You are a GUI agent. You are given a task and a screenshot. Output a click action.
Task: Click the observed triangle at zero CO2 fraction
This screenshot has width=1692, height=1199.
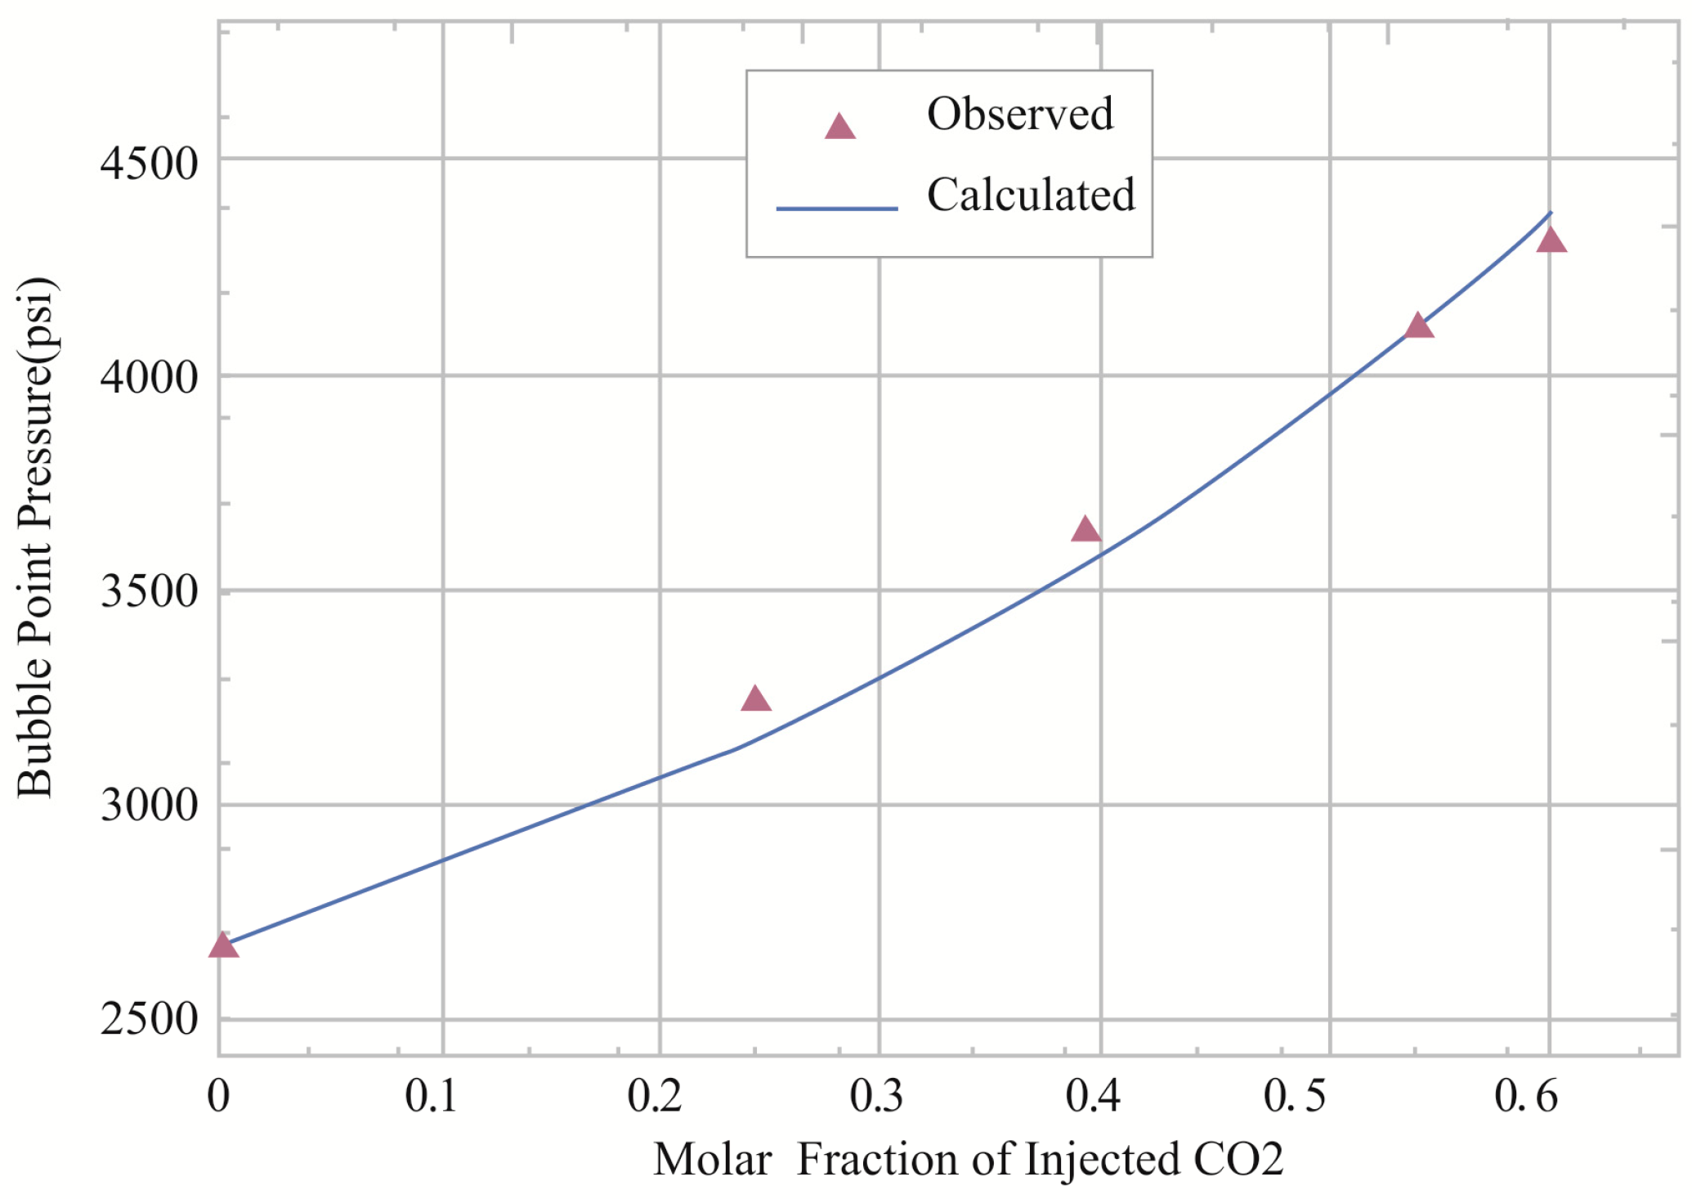click(x=223, y=946)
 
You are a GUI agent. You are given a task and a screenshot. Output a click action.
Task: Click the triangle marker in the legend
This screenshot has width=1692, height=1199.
click(x=839, y=128)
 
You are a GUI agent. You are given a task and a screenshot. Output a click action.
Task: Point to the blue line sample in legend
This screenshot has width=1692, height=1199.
click(x=836, y=209)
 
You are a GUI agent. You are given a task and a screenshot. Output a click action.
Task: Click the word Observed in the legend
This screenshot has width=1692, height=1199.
click(x=1019, y=114)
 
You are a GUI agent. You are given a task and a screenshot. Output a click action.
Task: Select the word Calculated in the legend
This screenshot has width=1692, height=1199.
click(x=1030, y=195)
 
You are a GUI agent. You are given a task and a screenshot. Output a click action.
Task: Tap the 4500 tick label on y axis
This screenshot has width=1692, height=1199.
click(x=150, y=164)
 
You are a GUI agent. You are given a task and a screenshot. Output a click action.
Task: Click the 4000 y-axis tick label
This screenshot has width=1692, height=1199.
click(x=150, y=379)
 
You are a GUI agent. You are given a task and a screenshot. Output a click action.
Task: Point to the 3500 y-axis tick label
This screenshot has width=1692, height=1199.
click(x=150, y=592)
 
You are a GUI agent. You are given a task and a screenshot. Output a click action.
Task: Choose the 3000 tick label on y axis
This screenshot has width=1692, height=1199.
click(x=150, y=806)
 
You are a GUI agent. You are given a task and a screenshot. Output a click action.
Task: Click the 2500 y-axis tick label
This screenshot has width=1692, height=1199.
click(x=150, y=1020)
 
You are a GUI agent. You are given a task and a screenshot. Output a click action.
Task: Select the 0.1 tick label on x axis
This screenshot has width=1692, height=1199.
click(x=431, y=1096)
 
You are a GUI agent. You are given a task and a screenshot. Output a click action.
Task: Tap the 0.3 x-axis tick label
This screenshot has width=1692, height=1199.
click(x=875, y=1096)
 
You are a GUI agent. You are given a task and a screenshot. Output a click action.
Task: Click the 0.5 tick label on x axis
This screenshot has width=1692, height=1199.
click(x=1294, y=1096)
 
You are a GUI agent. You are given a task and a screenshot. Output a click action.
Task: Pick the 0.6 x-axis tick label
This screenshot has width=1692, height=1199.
click(x=1526, y=1096)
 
